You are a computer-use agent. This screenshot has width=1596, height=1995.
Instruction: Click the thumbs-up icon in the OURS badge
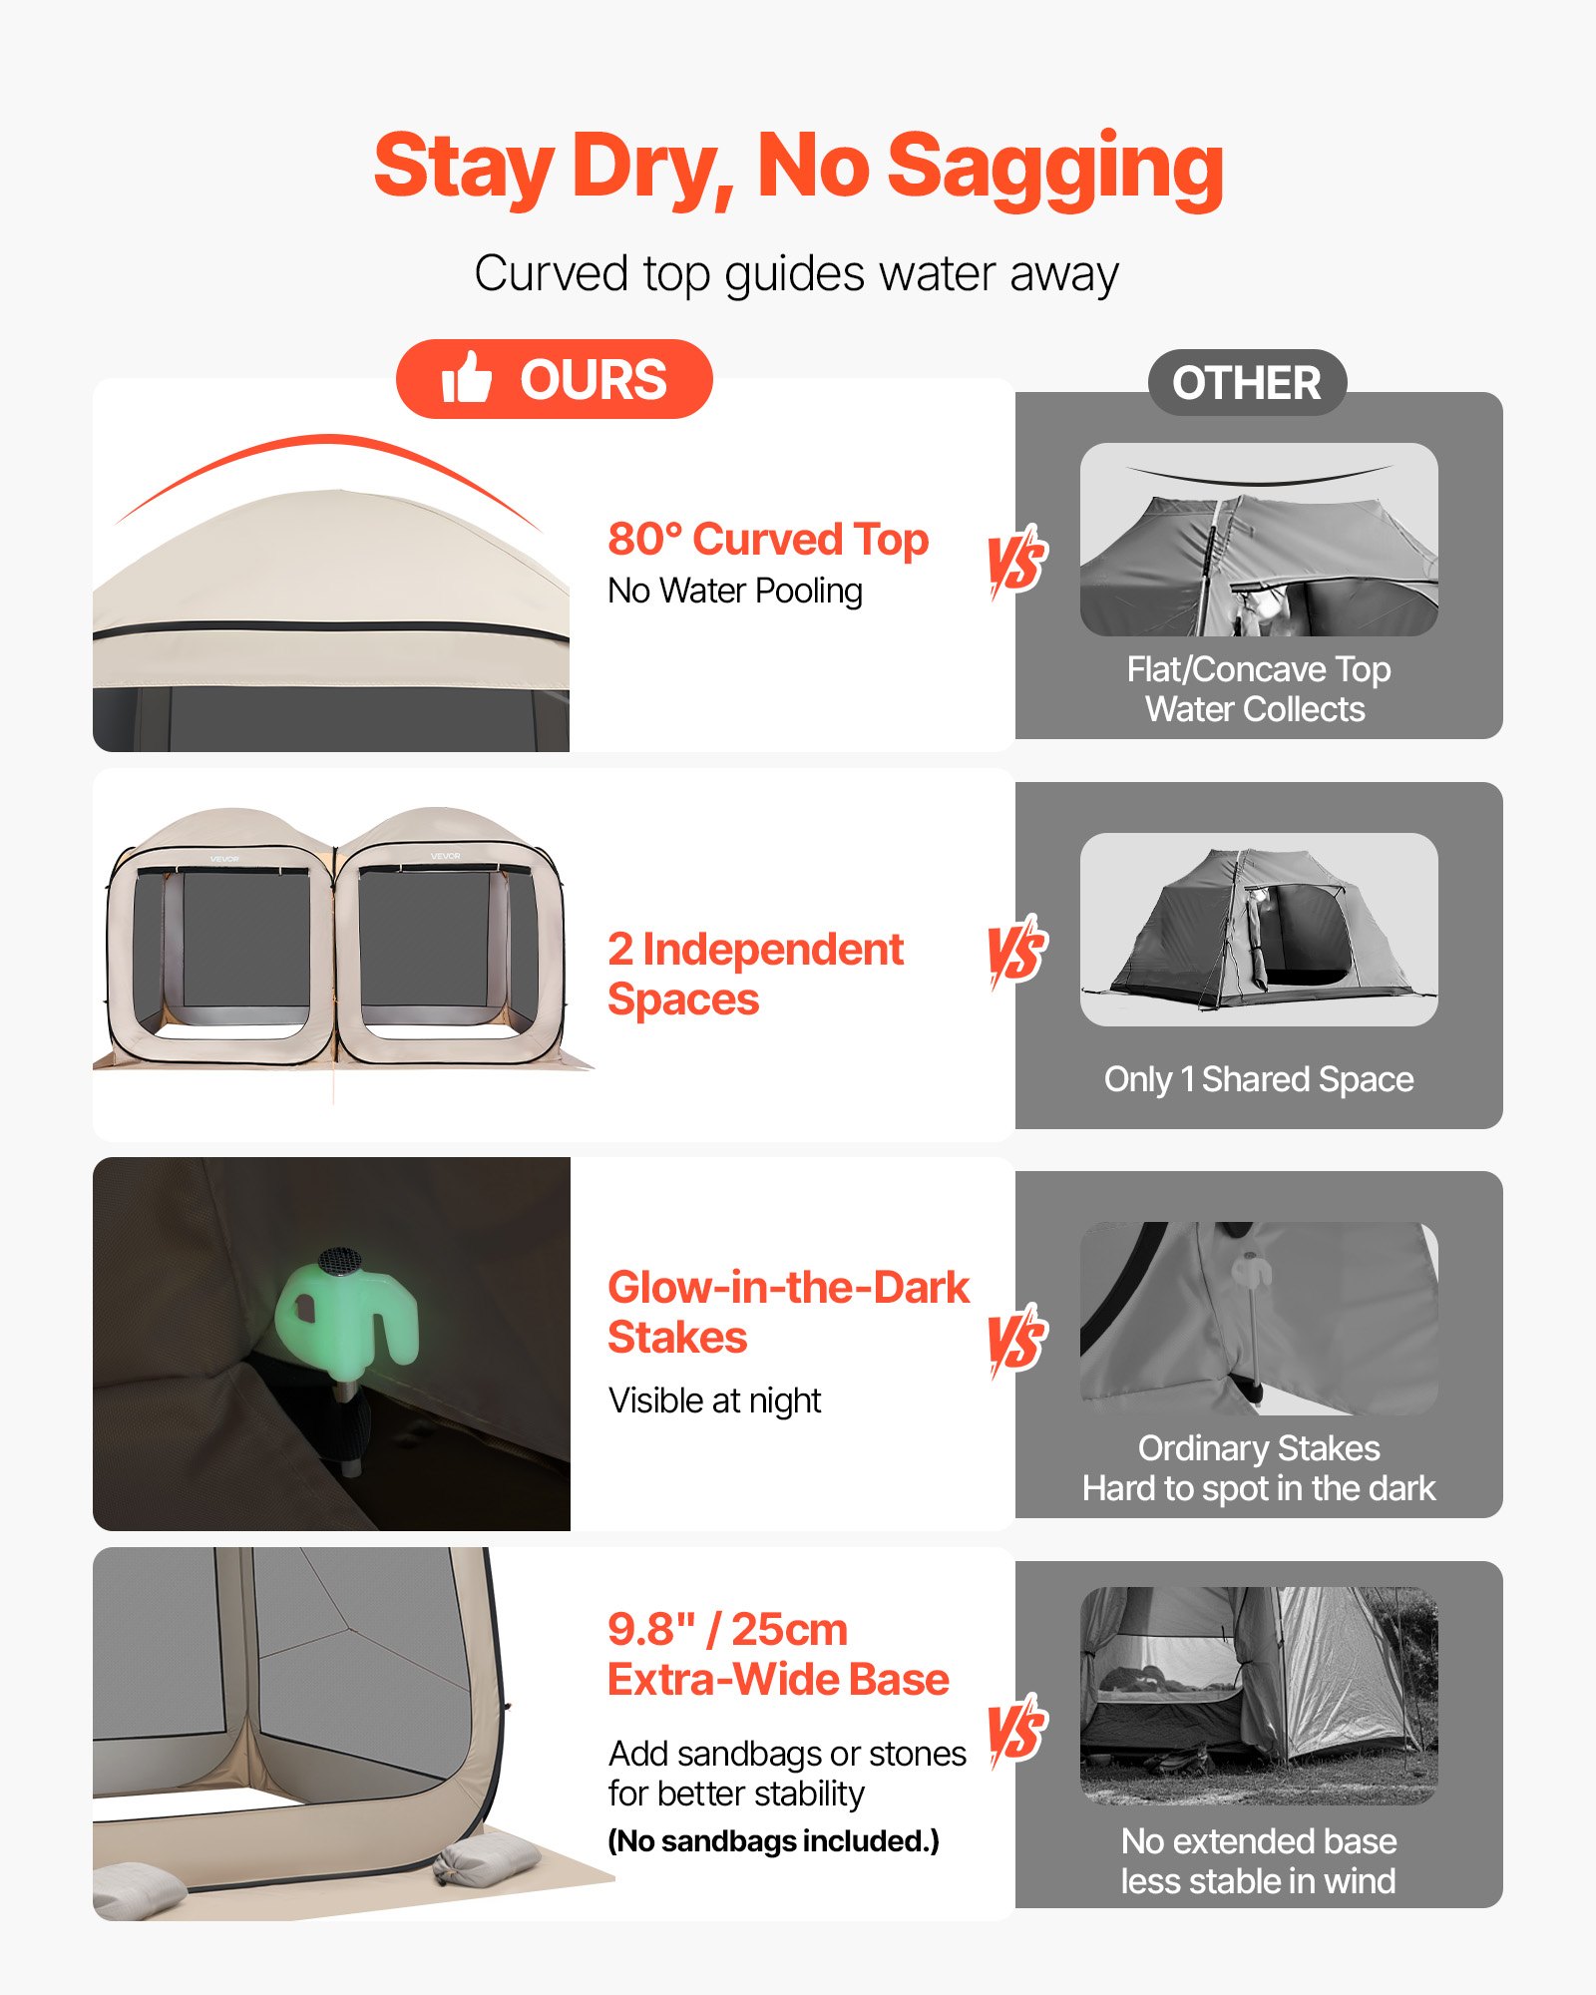(x=467, y=378)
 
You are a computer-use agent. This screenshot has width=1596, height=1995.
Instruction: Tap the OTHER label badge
(x=1247, y=383)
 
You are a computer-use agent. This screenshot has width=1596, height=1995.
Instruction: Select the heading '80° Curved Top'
(x=768, y=540)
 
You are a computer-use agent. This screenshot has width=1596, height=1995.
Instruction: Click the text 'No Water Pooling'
(x=735, y=592)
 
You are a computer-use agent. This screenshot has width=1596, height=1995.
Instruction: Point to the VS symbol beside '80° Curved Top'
(x=1016, y=561)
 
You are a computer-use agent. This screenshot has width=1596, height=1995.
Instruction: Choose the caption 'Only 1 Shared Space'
(x=1259, y=1079)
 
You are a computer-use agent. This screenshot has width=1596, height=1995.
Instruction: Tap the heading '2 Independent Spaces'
(x=755, y=974)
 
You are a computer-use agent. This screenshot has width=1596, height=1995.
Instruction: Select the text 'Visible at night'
(x=714, y=1400)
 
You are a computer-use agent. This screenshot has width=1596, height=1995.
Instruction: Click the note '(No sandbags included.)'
(x=773, y=1841)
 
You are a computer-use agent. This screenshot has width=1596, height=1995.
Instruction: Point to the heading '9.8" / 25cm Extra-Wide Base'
(x=777, y=1654)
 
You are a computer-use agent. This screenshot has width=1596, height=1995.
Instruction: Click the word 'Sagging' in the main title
(x=1054, y=168)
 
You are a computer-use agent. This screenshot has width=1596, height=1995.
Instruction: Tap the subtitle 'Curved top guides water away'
(x=796, y=273)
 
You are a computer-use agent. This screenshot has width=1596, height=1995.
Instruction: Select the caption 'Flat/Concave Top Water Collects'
(x=1258, y=689)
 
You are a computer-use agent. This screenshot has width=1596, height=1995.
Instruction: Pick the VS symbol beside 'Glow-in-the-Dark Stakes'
(x=1016, y=1340)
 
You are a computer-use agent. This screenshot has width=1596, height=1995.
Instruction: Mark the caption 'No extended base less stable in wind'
(x=1258, y=1860)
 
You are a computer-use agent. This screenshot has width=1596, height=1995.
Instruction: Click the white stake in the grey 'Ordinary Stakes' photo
(x=1251, y=1317)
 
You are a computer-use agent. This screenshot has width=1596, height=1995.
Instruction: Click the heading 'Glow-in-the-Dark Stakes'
(x=787, y=1312)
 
